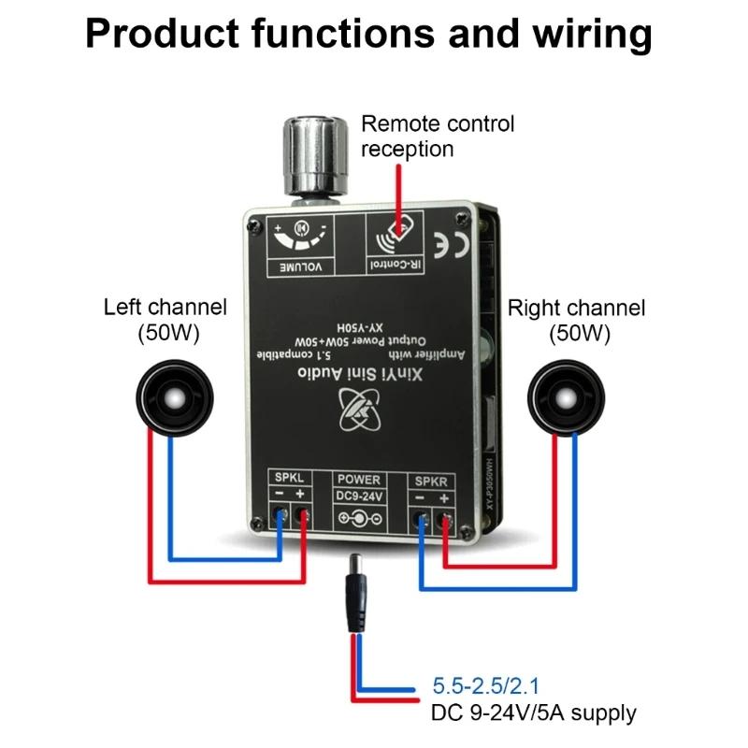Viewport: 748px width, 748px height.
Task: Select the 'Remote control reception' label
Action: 438,136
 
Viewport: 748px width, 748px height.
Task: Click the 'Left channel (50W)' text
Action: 165,318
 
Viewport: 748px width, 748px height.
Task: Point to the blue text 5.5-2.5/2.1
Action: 491,685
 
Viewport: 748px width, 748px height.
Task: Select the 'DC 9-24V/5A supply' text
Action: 534,713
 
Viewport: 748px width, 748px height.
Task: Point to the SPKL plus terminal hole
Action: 302,514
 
